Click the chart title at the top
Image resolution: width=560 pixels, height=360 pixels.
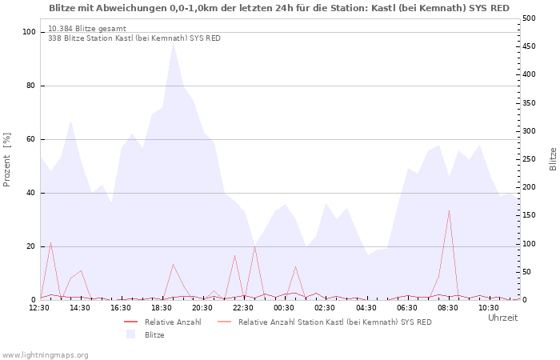pos(278,8)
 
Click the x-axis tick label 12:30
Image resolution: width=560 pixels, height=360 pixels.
pos(40,307)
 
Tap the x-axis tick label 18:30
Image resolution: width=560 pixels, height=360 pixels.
pos(162,307)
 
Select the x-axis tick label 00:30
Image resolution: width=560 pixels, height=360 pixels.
pos(284,307)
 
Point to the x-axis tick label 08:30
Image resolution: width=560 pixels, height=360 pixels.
pos(447,307)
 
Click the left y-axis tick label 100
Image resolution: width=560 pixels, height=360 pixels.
pos(29,32)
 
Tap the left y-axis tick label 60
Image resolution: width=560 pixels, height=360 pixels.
pos(31,139)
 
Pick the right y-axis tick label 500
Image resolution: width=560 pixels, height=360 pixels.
pos(529,18)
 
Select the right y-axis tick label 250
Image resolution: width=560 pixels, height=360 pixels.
pos(529,159)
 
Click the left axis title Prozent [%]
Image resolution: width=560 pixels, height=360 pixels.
pos(7,160)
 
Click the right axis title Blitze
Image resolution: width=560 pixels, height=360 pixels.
pos(553,158)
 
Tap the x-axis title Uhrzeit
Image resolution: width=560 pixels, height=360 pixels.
pos(502,318)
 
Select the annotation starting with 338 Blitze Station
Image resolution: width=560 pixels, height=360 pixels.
pos(134,38)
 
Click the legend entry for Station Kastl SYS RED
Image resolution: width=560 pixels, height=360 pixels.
pos(334,322)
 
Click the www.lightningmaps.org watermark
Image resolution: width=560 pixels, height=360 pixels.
pos(45,354)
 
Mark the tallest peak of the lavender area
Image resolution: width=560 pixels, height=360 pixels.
pos(173,42)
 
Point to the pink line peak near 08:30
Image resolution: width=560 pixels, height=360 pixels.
pos(449,210)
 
